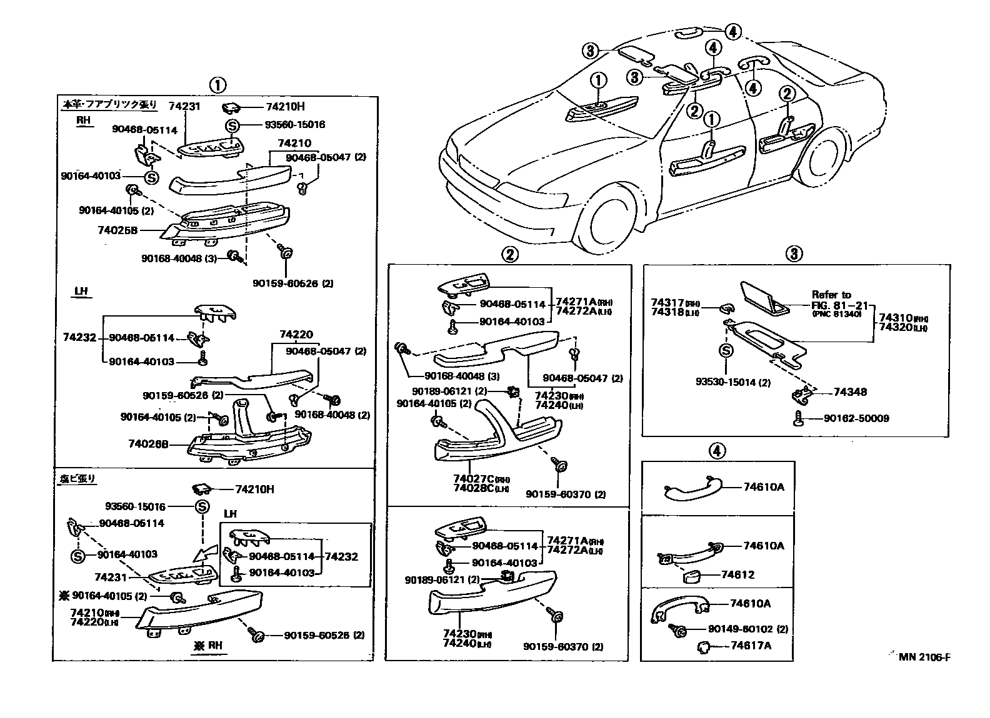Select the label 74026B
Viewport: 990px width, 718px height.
click(147, 444)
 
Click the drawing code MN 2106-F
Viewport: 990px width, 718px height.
click(926, 657)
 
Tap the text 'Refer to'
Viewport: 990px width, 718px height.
click(831, 295)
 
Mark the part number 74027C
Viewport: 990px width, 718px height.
click(472, 478)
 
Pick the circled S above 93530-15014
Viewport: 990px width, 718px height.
click(726, 351)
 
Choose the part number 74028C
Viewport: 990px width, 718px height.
click(472, 488)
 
